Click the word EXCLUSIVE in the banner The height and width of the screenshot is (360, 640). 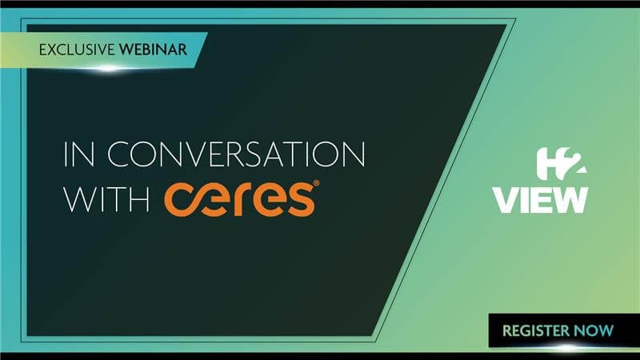point(77,50)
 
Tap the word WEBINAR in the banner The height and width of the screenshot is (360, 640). point(153,50)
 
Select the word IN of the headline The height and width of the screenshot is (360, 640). point(79,154)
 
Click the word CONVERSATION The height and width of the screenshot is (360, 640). point(236,154)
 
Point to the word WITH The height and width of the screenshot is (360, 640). point(106,199)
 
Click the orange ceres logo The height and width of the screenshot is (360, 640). point(242,198)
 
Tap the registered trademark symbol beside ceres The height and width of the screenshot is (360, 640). point(316,183)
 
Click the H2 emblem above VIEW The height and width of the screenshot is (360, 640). point(562,164)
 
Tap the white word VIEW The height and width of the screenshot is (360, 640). point(541,200)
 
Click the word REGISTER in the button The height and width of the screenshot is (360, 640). point(535,330)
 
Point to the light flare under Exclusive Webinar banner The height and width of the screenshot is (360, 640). point(108,69)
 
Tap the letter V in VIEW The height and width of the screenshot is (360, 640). point(507,200)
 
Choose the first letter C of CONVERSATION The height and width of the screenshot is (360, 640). point(119,154)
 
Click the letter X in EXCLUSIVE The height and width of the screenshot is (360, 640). point(54,50)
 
